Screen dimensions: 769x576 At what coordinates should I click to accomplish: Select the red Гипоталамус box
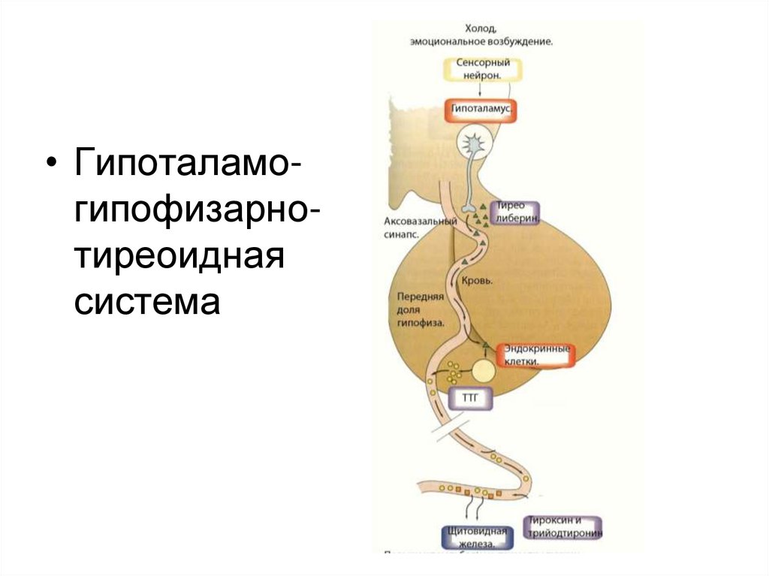tap(482, 110)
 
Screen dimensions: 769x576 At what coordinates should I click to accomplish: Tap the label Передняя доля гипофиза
tap(421, 309)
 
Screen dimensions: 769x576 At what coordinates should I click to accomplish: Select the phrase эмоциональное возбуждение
tap(482, 42)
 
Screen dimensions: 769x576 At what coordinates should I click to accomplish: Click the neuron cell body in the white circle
tap(475, 142)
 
